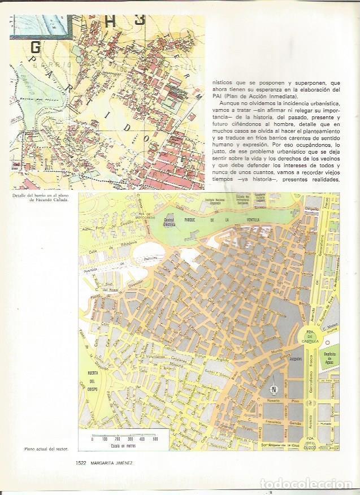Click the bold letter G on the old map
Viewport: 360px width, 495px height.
click(x=35, y=47)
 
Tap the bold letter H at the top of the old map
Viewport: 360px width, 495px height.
click(x=112, y=20)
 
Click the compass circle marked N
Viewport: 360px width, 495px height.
click(x=274, y=389)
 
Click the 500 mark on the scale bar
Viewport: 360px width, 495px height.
click(x=155, y=438)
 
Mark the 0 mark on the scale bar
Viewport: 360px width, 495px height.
click(x=92, y=438)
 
